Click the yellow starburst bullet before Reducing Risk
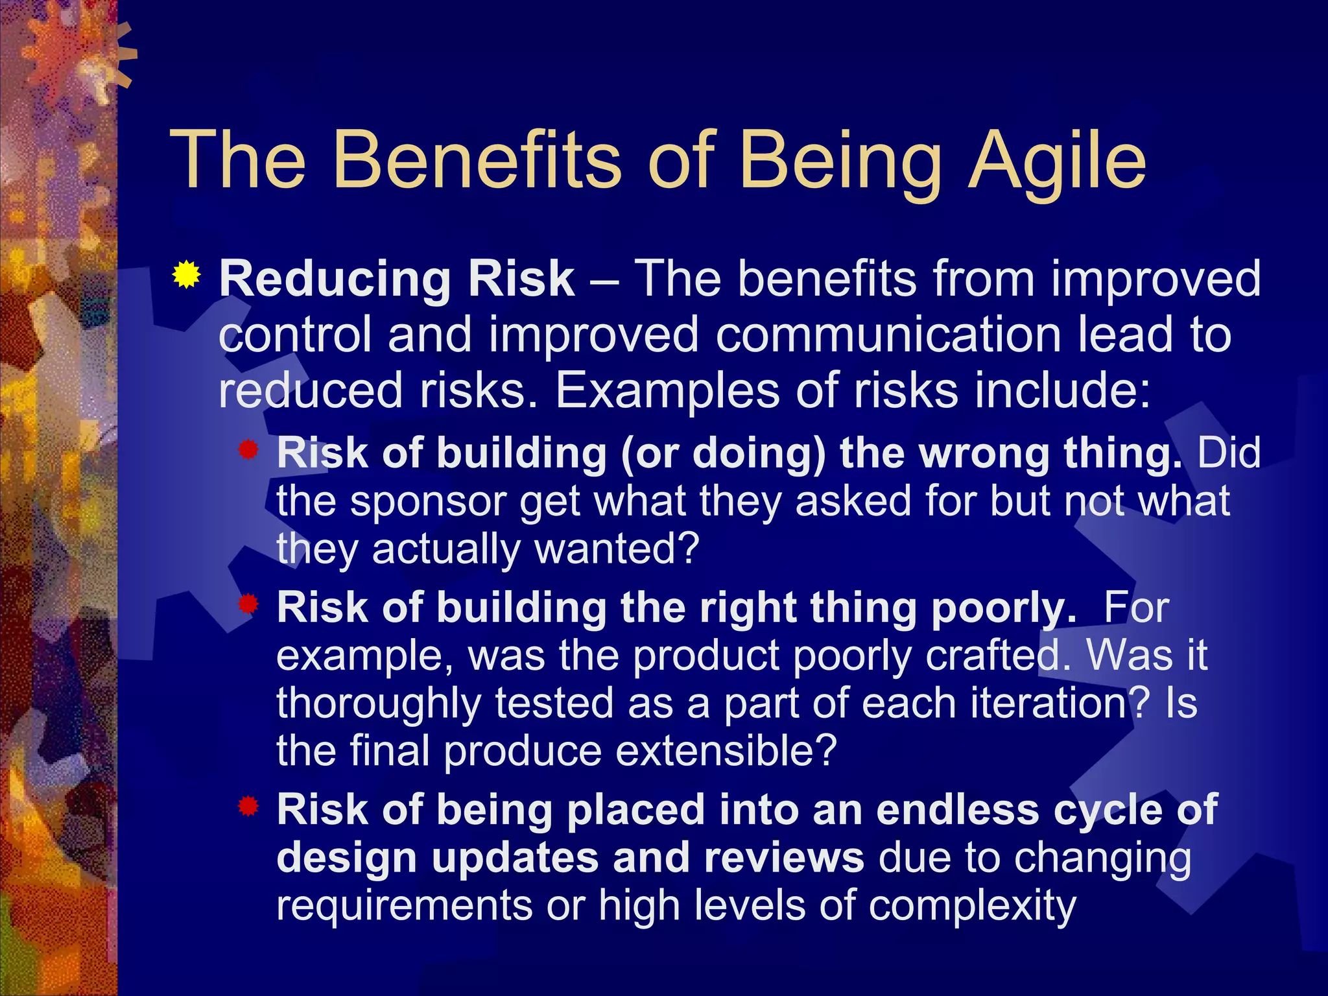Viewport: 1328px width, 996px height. (x=187, y=275)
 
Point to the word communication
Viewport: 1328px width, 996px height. (x=888, y=335)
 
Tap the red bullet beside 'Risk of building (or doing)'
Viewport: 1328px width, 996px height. (x=248, y=449)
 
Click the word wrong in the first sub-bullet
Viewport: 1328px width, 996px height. (x=984, y=453)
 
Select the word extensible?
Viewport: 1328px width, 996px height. (x=726, y=752)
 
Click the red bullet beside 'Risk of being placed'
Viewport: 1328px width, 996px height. (x=248, y=807)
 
